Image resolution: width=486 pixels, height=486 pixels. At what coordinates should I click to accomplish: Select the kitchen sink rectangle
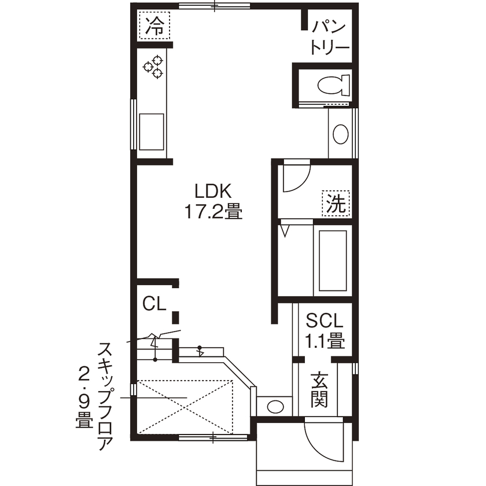coord(151,132)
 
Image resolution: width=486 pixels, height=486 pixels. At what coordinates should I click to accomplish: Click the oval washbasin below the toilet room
coord(340,135)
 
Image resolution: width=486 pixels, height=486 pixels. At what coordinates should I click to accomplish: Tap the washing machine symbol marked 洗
coord(336,203)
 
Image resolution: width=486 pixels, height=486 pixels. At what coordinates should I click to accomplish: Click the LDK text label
coord(212,191)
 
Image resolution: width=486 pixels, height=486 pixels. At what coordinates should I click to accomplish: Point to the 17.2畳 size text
coord(213,212)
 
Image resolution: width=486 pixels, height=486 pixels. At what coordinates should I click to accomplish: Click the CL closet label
coord(154,303)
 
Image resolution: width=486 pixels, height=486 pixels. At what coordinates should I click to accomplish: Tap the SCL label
coord(325,320)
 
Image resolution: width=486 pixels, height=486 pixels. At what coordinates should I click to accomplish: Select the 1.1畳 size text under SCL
coord(325,341)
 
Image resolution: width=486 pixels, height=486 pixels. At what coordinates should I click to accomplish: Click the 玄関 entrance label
coord(319,389)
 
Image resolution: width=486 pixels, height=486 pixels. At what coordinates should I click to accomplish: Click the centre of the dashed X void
coord(186,406)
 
